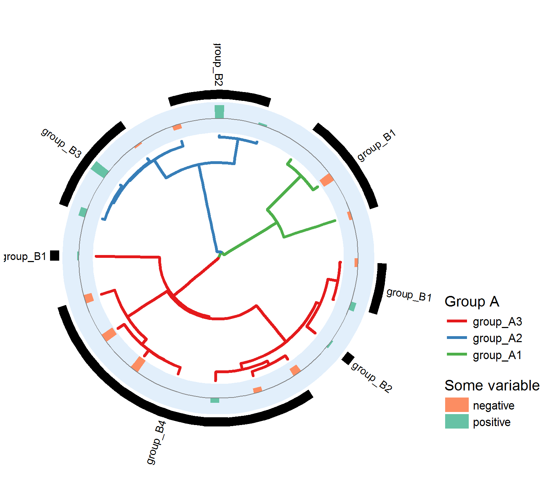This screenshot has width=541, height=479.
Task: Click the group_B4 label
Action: [156, 443]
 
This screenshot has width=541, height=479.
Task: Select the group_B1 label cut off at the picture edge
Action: [25, 256]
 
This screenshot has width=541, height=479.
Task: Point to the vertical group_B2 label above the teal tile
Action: [219, 65]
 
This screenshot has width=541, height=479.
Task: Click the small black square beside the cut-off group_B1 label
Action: [55, 255]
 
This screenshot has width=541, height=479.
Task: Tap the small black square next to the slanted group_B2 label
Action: [348, 358]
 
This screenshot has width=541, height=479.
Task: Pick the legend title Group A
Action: [472, 302]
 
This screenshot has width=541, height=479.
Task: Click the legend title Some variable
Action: [492, 386]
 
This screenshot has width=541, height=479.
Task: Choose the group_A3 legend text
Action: [497, 322]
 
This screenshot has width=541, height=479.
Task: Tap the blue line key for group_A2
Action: [457, 338]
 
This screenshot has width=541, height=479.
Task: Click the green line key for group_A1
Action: [457, 354]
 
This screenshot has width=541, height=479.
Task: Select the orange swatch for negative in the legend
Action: [457, 405]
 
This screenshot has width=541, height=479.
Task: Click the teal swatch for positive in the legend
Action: [457, 422]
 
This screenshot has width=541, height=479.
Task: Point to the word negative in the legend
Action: [493, 406]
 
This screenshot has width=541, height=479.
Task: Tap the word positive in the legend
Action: [492, 422]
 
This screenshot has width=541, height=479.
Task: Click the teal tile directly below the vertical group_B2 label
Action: [219, 111]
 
